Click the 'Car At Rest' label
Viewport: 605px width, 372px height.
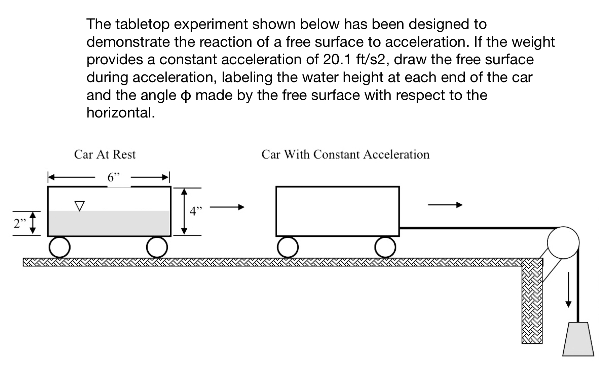105,155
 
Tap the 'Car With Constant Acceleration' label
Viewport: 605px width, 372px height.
345,155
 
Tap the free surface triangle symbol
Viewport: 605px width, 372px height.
79,206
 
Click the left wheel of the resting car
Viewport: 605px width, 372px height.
60,247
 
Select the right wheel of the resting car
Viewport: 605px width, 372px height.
157,247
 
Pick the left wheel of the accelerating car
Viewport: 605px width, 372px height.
288,247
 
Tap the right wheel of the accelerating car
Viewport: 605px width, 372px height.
385,247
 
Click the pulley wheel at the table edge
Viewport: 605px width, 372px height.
563,242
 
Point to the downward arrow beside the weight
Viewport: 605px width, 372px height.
568,290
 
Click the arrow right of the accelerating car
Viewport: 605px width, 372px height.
445,205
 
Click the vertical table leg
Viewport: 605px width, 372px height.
532,303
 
